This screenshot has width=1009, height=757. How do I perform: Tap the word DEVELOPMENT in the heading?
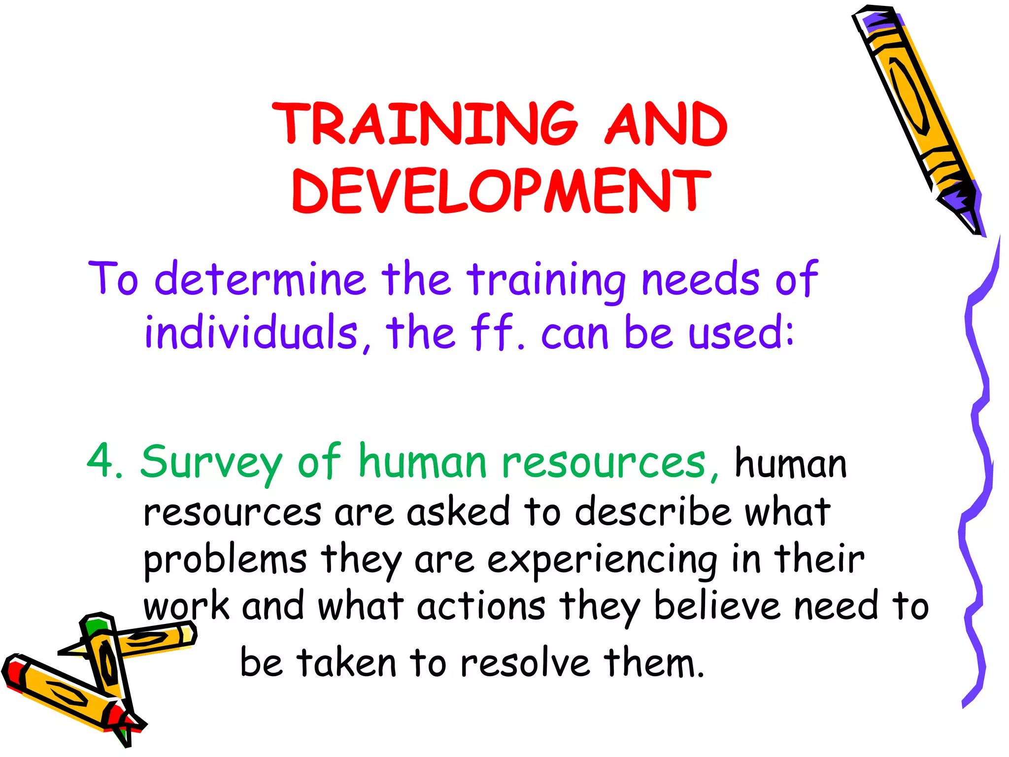pyautogui.click(x=501, y=191)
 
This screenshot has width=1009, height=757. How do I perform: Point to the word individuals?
pyautogui.click(x=251, y=332)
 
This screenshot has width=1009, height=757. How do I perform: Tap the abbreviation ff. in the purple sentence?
pyautogui.click(x=498, y=332)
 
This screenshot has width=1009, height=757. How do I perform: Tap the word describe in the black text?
pyautogui.click(x=653, y=512)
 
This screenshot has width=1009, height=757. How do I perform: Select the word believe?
pyautogui.click(x=717, y=606)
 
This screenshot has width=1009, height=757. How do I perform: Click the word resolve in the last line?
pyautogui.click(x=524, y=663)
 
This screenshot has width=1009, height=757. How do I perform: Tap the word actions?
pyautogui.click(x=481, y=606)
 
